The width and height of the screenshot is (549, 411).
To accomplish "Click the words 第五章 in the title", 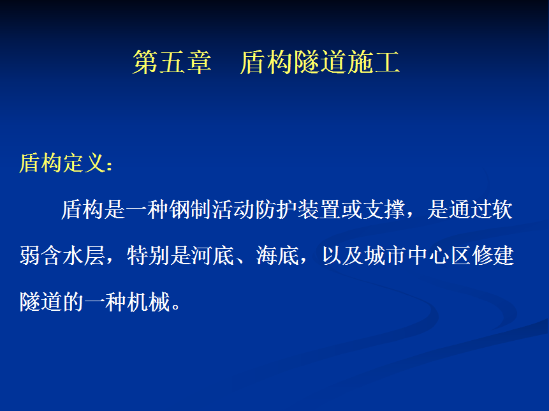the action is click(x=172, y=62).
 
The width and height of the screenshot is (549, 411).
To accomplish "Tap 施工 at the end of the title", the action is click(x=374, y=62).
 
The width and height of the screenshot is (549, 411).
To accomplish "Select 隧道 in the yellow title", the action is click(x=320, y=62).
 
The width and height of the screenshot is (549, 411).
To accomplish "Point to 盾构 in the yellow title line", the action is click(x=267, y=62).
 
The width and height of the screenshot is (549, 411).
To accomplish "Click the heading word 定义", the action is click(x=84, y=163).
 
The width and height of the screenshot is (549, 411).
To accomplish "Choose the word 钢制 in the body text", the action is click(x=190, y=209).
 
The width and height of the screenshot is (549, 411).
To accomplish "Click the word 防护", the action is click(x=276, y=209).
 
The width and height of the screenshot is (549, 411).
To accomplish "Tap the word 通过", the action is click(x=470, y=209).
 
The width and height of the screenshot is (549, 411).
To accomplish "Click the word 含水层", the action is click(x=73, y=255).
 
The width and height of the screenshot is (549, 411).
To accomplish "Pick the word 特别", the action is click(x=148, y=255).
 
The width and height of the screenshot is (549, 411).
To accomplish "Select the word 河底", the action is click(x=213, y=255).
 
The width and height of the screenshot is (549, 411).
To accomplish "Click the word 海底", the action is click(x=277, y=255).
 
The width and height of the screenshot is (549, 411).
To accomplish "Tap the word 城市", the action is click(x=386, y=255).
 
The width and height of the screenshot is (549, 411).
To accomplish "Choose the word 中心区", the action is click(x=439, y=255).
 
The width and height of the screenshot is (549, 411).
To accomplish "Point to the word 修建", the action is click(x=493, y=255).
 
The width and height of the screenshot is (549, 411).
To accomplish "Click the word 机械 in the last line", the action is click(x=148, y=302).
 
